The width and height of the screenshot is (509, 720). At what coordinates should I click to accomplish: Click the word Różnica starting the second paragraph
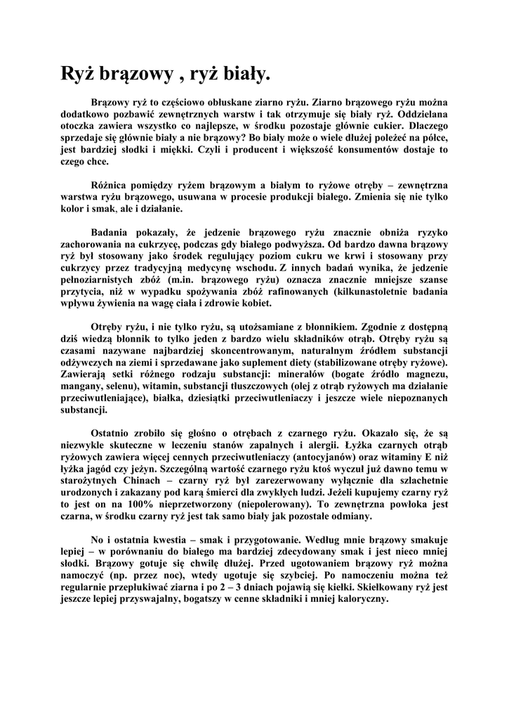click(111, 185)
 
